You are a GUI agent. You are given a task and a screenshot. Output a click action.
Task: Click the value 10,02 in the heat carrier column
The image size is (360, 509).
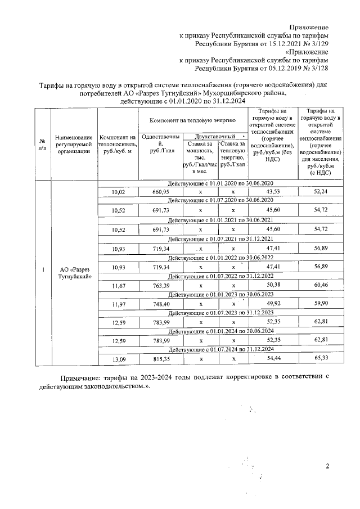(x=118, y=192)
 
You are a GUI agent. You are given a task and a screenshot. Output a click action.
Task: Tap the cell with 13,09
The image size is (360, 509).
(x=118, y=361)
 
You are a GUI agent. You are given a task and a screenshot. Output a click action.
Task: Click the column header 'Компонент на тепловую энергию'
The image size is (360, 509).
(x=192, y=121)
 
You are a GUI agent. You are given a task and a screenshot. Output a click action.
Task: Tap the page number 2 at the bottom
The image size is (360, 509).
(x=326, y=466)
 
